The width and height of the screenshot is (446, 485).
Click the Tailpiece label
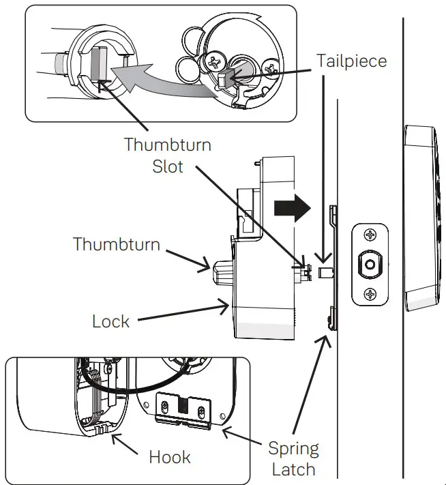click(x=351, y=61)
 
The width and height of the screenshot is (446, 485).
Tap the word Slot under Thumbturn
click(x=167, y=166)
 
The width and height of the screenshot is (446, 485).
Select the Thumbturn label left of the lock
click(x=116, y=244)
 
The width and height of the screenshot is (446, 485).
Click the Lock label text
click(x=110, y=321)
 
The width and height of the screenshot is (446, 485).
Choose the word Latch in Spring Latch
click(x=293, y=469)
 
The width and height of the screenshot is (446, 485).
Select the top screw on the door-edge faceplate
click(x=370, y=236)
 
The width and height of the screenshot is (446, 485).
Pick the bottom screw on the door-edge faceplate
click(x=370, y=295)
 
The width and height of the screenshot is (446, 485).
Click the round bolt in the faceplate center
click(x=370, y=265)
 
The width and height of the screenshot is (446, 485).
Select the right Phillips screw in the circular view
click(x=270, y=68)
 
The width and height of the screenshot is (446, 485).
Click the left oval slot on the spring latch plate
click(x=164, y=411)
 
